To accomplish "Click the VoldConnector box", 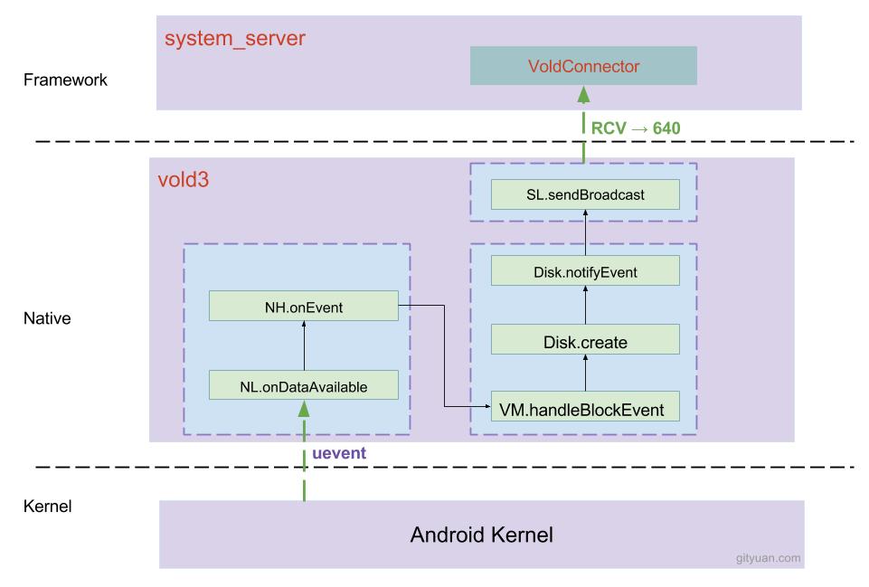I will point(583,65).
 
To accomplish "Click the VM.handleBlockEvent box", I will point(583,409).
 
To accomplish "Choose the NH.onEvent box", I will point(303,306).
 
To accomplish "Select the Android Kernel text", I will point(481,534).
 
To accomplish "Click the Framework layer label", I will point(65,80).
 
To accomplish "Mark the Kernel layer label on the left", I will point(47,507).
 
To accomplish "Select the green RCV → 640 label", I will point(635,128).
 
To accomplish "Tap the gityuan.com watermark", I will point(768,558).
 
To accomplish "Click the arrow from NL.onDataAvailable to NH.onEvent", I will point(304,345).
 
